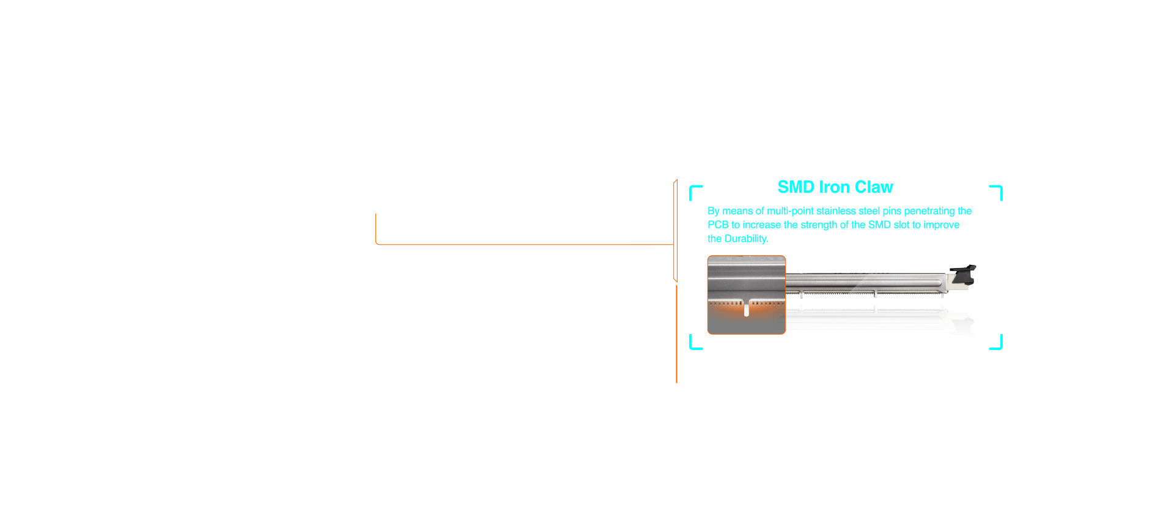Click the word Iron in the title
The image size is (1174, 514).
click(x=835, y=187)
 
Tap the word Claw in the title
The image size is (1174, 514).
click(x=874, y=187)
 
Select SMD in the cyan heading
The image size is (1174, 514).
click(x=796, y=187)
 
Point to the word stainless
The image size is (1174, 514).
click(x=836, y=211)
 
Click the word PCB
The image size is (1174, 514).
click(x=718, y=225)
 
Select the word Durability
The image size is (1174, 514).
click(x=746, y=239)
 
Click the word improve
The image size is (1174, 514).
click(x=941, y=225)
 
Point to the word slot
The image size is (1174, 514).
click(x=901, y=225)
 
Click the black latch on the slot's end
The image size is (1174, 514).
click(x=962, y=274)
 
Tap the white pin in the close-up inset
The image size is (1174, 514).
click(x=747, y=309)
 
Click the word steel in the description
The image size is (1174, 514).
click(x=869, y=211)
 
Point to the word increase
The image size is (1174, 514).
click(x=762, y=225)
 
